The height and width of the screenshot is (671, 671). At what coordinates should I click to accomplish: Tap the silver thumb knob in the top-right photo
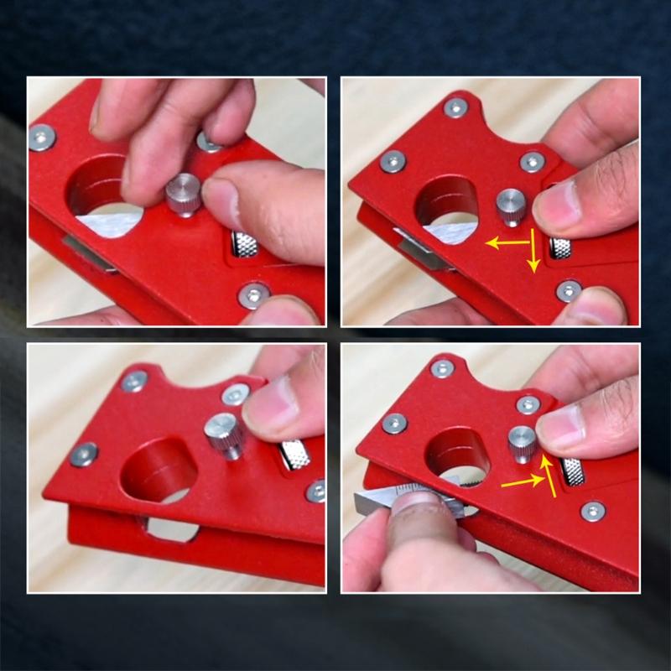tap(510, 202)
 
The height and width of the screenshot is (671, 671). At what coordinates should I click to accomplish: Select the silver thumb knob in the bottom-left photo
tap(224, 433)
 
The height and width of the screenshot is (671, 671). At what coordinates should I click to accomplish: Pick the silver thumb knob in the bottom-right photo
tap(522, 442)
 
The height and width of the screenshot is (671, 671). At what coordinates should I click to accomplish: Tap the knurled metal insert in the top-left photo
tap(244, 245)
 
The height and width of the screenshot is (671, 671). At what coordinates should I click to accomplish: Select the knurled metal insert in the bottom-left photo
tap(294, 453)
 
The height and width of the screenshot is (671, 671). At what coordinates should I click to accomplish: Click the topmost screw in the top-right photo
tap(455, 107)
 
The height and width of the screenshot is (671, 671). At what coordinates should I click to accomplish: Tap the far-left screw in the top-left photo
tap(42, 137)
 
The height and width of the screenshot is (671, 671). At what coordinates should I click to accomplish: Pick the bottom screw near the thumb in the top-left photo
tap(252, 294)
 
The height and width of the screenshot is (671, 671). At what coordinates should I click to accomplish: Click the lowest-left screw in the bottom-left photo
tap(84, 454)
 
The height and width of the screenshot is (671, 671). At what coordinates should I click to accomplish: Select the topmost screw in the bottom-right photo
tap(442, 367)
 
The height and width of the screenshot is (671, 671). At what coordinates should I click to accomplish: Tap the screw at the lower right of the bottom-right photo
tap(593, 511)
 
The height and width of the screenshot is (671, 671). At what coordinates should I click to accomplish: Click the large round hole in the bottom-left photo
tap(159, 469)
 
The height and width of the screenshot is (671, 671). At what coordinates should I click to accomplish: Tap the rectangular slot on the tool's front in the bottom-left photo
tap(171, 529)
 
